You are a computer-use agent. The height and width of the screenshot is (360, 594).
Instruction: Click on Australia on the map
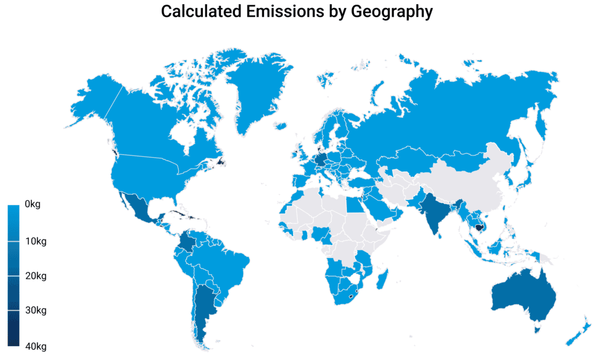point(522,299)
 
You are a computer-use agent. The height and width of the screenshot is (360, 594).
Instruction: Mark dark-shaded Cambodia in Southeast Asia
point(479,227)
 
